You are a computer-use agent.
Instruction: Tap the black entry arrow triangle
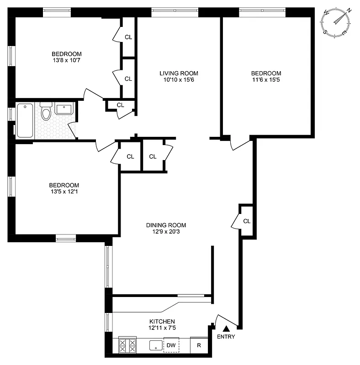pyautogui.click(x=225, y=328)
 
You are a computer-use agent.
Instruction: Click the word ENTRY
pyautogui.click(x=226, y=337)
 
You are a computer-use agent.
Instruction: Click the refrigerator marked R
pyautogui.click(x=199, y=345)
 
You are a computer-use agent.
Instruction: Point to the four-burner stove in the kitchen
pyautogui.click(x=127, y=345)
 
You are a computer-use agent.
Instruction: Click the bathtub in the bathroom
pyautogui.click(x=25, y=120)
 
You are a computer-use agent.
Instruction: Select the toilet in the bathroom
pyautogui.click(x=46, y=112)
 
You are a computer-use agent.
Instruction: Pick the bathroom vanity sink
pyautogui.click(x=64, y=110)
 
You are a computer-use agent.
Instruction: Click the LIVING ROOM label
pyautogui.click(x=179, y=73)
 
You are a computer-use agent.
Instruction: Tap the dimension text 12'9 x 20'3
pyautogui.click(x=166, y=232)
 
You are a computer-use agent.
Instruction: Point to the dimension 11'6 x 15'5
pyautogui.click(x=266, y=80)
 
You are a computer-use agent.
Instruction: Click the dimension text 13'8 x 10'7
pyautogui.click(x=66, y=60)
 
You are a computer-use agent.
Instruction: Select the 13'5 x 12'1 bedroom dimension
pyautogui.click(x=64, y=192)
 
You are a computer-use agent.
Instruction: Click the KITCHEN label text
pyautogui.click(x=162, y=321)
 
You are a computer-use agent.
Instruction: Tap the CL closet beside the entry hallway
pyautogui.click(x=247, y=221)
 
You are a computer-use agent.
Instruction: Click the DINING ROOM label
pyautogui.click(x=166, y=225)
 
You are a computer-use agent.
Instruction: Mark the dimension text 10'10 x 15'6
pyautogui.click(x=179, y=80)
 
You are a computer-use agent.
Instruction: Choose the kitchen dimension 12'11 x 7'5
pyautogui.click(x=162, y=328)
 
